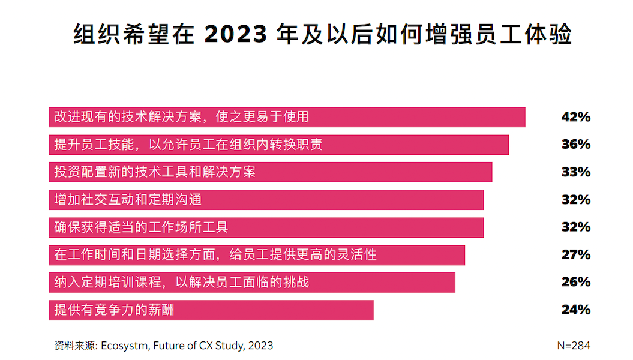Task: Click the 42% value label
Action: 575,117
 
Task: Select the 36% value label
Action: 575,145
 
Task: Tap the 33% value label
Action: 575,172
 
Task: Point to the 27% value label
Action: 575,255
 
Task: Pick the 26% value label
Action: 575,283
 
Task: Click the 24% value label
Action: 575,310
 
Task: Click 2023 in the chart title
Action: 236,34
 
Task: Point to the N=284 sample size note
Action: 573,346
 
